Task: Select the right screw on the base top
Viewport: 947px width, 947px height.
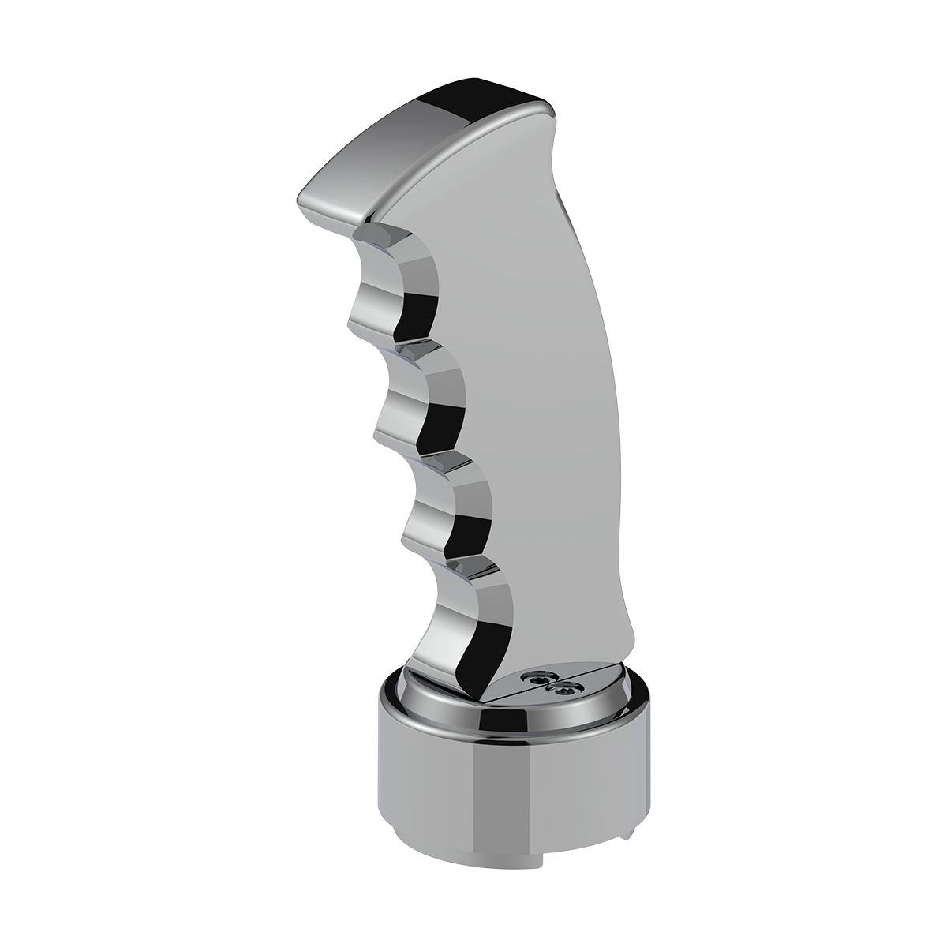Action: (x=562, y=691)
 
